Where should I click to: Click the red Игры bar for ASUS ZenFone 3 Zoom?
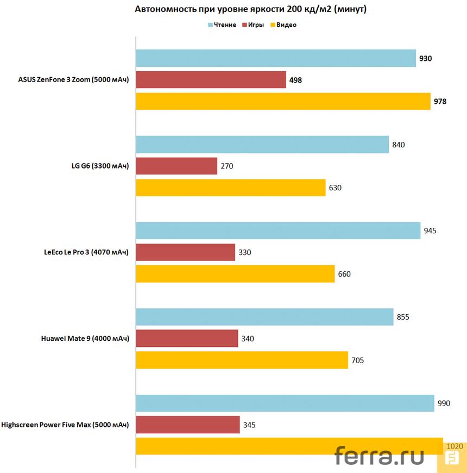pyautogui.click(x=211, y=80)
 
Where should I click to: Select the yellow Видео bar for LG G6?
pyautogui.click(x=230, y=188)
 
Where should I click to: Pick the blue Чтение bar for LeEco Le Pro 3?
pyautogui.click(x=278, y=231)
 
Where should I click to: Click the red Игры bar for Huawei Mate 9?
pyautogui.click(x=187, y=339)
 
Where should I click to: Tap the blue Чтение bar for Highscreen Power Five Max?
pyautogui.click(x=285, y=403)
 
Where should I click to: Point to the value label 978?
pyautogui.click(x=439, y=101)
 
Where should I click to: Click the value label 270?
pyautogui.click(x=226, y=166)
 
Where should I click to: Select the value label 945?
pyautogui.click(x=430, y=231)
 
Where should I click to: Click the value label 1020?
pyautogui.click(x=454, y=446)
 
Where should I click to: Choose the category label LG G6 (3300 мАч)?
pyautogui.click(x=96, y=166)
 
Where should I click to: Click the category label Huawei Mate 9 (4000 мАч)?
pyautogui.click(x=85, y=339)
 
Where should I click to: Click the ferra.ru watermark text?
pyautogui.click(x=379, y=456)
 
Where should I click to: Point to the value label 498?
pyautogui.click(x=295, y=80)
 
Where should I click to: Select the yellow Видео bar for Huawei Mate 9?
pyautogui.click(x=242, y=360)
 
